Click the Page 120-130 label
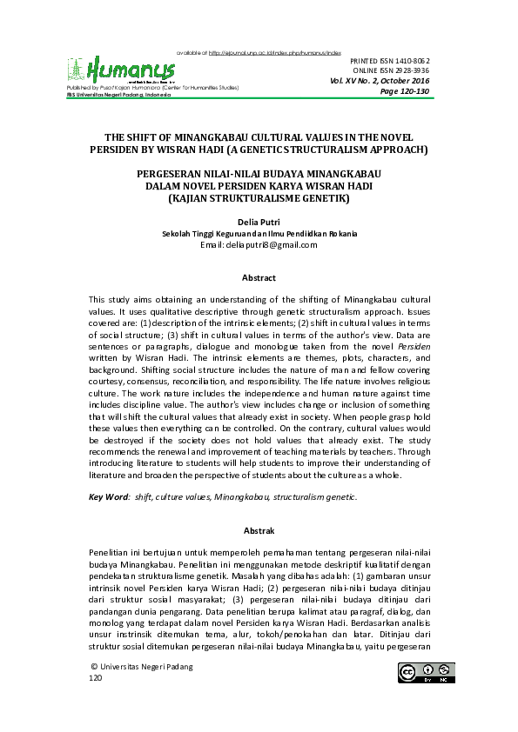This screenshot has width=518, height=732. tap(405, 91)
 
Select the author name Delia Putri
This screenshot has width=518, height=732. tap(259, 223)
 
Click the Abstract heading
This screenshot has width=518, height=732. tap(259, 278)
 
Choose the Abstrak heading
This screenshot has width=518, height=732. tap(259, 529)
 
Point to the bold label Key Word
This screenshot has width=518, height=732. tap(107, 497)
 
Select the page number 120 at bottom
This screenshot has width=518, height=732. tap(96, 678)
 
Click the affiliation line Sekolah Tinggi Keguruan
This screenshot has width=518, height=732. tap(259, 235)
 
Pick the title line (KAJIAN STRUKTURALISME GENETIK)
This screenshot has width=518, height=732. tap(259, 198)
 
